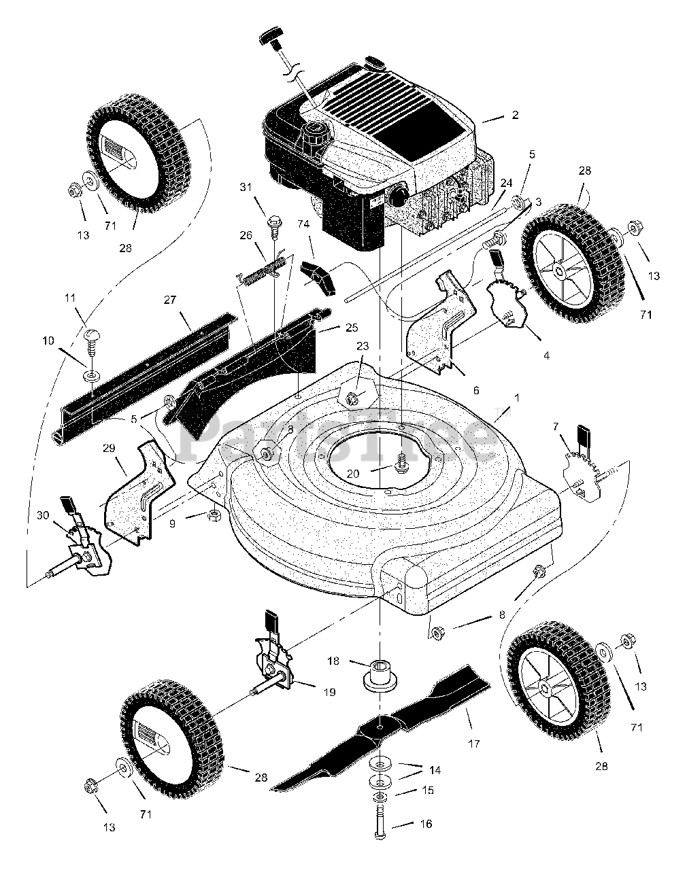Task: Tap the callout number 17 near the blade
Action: click(x=474, y=744)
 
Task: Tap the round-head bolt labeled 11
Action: click(x=90, y=335)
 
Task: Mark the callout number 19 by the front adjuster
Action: click(x=329, y=691)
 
